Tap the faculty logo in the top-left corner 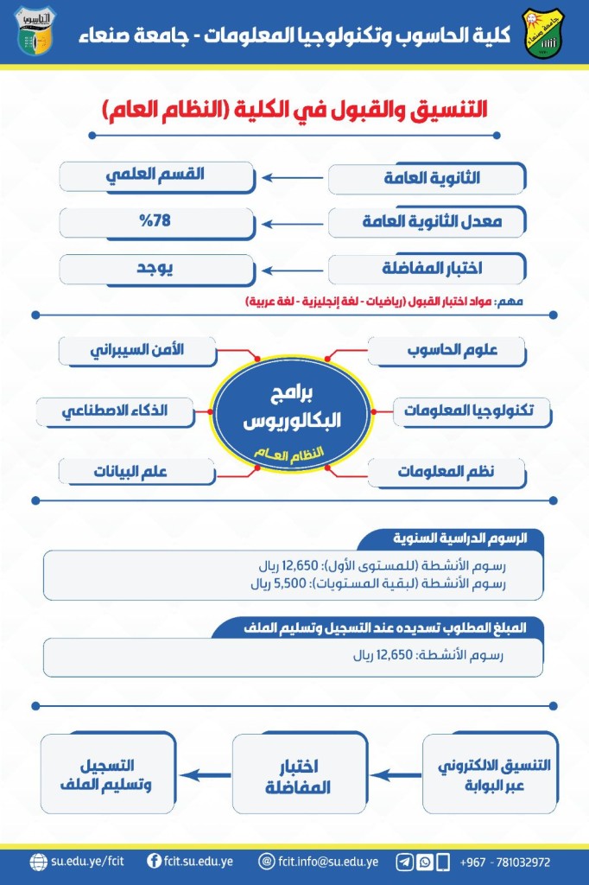click(x=35, y=32)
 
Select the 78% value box click(x=157, y=221)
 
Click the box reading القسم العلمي click(x=157, y=175)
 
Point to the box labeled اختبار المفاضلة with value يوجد click(x=427, y=268)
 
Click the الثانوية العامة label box click(x=427, y=178)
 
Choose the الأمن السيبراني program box click(x=137, y=351)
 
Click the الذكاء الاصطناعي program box click(x=115, y=411)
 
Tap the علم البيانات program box click(x=137, y=471)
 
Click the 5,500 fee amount click(x=267, y=583)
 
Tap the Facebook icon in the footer click(x=155, y=862)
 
